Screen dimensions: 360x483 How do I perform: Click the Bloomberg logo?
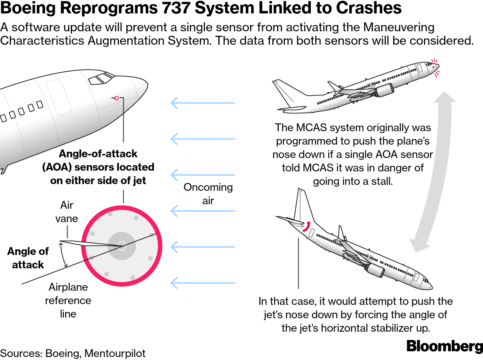click(x=444, y=346)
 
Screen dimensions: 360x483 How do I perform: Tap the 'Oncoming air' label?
click(x=208, y=194)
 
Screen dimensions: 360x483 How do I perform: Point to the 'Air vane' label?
click(x=67, y=212)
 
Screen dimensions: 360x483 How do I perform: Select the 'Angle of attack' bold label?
click(x=28, y=258)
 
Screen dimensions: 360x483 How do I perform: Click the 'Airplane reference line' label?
click(x=68, y=300)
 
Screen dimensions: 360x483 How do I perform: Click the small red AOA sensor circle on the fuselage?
click(x=117, y=98)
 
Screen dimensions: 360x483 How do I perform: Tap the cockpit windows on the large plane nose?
click(x=100, y=79)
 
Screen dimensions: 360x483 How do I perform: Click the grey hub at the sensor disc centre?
click(x=121, y=246)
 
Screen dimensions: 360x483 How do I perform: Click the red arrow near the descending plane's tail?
click(x=307, y=227)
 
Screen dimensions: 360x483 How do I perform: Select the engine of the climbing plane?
click(x=384, y=90)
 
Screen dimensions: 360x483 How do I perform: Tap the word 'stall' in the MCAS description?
click(x=382, y=181)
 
